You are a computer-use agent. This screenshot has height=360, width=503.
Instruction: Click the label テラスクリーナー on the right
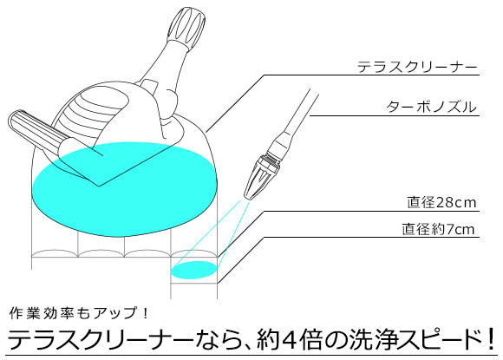[417, 67]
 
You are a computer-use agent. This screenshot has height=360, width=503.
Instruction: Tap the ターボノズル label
[431, 107]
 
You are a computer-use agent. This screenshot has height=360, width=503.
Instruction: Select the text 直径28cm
[441, 202]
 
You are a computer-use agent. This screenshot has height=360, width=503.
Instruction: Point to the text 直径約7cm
[438, 229]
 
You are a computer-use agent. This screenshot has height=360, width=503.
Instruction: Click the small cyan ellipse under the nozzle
[193, 270]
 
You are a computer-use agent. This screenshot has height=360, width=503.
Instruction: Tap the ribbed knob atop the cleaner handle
[186, 28]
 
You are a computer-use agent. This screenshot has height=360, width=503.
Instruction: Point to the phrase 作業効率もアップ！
[79, 313]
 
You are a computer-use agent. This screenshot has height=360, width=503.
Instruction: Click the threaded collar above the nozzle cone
[271, 159]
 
